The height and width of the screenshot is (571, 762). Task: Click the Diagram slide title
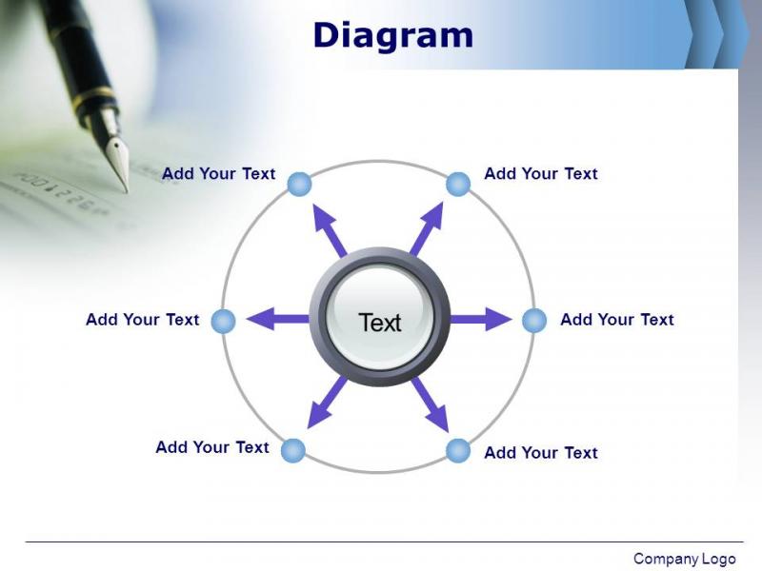point(393,36)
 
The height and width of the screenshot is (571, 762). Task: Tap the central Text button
point(379,318)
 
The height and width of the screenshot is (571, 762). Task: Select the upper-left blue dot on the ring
point(299,184)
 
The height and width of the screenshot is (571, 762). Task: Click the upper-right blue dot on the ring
point(458,184)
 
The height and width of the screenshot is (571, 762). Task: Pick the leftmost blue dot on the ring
point(224,321)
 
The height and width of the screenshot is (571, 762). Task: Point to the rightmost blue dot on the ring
point(534,321)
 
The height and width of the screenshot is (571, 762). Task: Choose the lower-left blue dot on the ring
point(293,450)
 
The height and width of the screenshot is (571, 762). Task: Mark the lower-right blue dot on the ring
point(458,450)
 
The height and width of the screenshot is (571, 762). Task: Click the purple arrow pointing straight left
point(278,319)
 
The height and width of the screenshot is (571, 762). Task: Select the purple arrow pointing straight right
point(481,319)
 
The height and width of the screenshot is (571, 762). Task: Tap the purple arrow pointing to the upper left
point(330,230)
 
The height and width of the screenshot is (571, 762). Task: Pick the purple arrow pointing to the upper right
point(427,228)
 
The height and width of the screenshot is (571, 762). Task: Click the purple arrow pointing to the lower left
point(327,403)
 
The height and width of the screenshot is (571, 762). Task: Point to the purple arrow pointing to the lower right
point(431,404)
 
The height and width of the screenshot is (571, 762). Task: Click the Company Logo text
point(685,559)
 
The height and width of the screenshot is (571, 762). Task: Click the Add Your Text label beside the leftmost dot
point(142,320)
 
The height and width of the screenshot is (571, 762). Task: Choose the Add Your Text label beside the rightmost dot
point(617,320)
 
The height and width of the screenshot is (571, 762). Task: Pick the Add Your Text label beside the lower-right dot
point(541,453)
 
